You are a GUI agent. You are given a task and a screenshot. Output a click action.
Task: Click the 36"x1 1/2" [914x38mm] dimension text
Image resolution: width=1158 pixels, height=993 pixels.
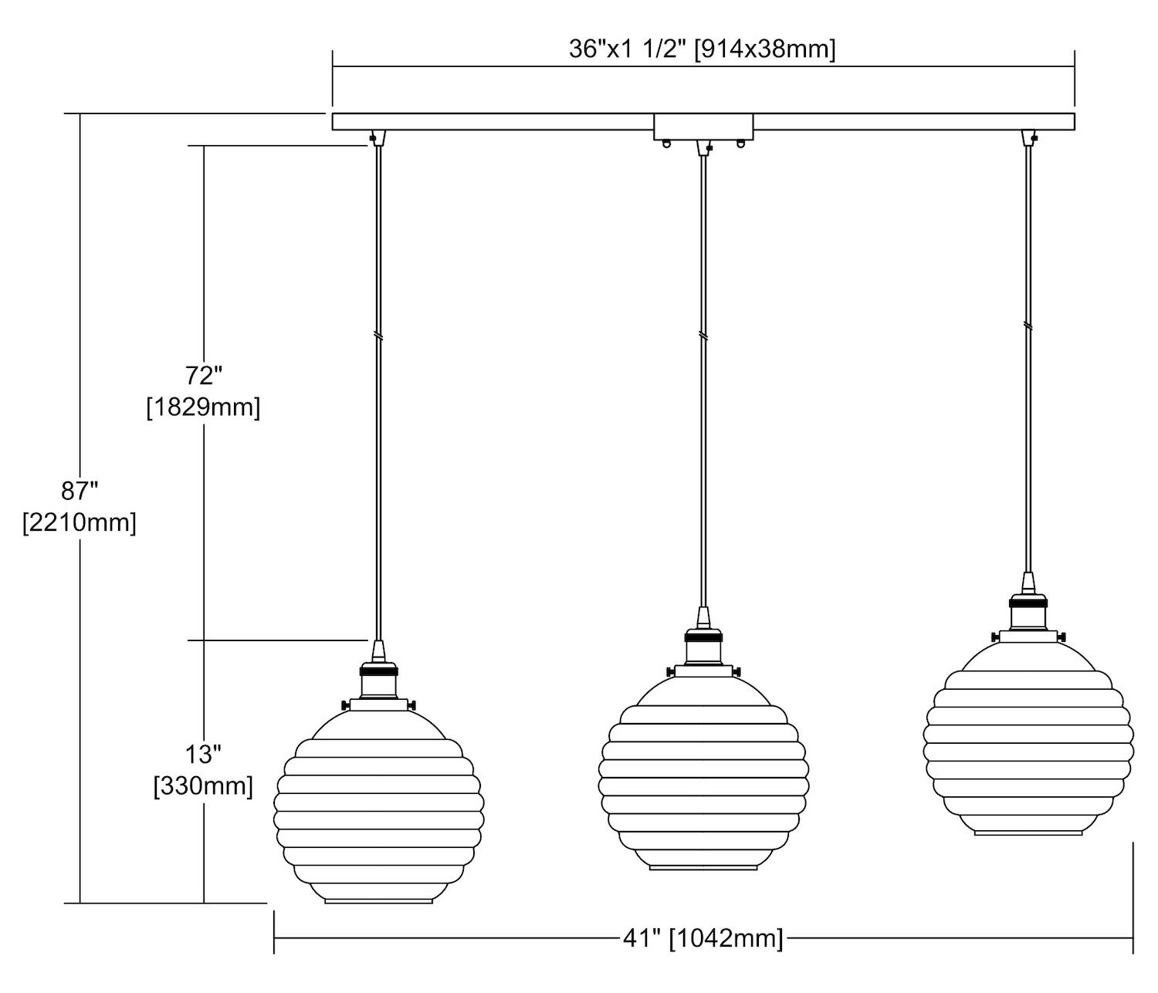[702, 49]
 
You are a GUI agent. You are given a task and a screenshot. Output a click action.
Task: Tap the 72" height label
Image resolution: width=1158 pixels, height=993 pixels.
[204, 376]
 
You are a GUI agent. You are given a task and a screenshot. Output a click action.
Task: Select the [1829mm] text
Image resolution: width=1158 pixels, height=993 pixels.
[203, 407]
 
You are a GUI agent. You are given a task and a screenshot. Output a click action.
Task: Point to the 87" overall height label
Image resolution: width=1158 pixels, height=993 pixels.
[80, 491]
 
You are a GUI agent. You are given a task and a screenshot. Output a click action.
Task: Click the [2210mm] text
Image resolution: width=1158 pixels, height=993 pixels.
[80, 523]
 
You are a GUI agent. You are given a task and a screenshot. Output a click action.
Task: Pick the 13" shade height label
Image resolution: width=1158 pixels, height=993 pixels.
[204, 755]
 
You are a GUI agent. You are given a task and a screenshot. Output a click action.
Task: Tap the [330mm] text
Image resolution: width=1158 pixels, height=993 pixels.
[203, 787]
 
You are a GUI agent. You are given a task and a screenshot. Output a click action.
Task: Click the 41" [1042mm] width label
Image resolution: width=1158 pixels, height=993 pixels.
[703, 938]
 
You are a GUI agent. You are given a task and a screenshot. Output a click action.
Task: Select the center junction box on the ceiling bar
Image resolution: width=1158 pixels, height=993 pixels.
[703, 127]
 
